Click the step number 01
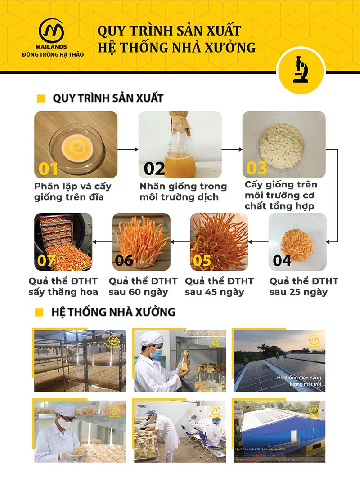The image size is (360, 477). [x=48, y=169]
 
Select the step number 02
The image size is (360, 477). [x=154, y=169]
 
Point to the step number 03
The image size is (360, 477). [x=256, y=168]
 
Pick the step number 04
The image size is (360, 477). [x=282, y=260]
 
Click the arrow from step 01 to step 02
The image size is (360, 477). [x=128, y=148]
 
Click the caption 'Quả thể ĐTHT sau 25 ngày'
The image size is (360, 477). [x=304, y=286]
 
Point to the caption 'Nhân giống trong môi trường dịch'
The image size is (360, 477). [x=183, y=192]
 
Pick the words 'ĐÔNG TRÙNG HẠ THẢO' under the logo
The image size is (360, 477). [x=53, y=54]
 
